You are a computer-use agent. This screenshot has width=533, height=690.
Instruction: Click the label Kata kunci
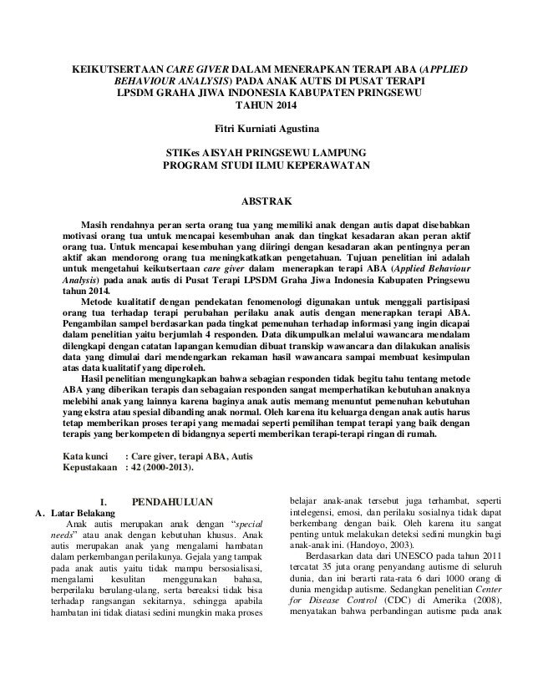[86, 456]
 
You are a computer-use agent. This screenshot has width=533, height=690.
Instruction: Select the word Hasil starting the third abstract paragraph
[92, 376]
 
